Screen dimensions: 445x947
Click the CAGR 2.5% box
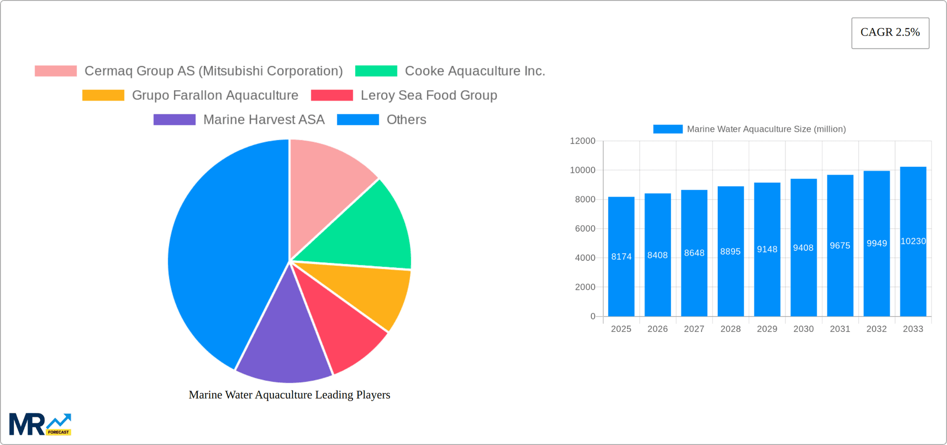click(x=890, y=33)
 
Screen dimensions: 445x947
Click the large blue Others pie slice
click(x=222, y=252)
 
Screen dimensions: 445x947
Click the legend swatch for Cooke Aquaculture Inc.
click(x=376, y=71)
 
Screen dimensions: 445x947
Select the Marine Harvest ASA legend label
click(x=264, y=120)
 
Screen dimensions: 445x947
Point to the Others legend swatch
click(x=358, y=120)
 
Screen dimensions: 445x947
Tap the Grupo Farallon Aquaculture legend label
click(x=215, y=95)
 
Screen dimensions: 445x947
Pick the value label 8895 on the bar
click(x=730, y=251)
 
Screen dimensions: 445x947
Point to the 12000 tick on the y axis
click(x=583, y=141)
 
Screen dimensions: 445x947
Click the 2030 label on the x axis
click(x=803, y=329)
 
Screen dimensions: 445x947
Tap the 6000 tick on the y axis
click(x=585, y=229)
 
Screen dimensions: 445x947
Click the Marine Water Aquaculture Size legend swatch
click(x=667, y=129)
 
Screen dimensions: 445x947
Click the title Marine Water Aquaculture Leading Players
click(x=290, y=395)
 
